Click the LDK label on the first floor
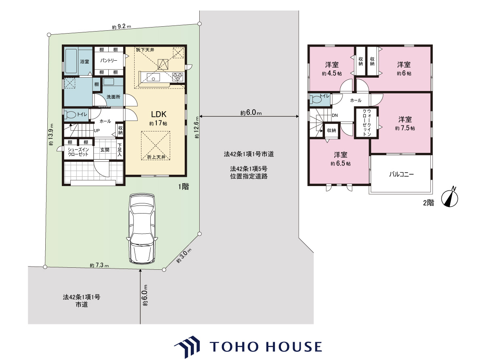point(159,114)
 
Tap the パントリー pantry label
point(109,60)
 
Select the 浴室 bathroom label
point(84,61)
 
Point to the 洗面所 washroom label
point(113,97)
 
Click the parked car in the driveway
point(142,229)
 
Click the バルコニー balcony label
point(401,174)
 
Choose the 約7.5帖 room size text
point(405,128)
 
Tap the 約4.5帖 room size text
point(332,73)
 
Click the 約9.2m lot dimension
point(121,27)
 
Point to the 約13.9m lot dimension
point(51,134)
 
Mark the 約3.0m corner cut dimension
point(184,255)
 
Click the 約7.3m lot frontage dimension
point(99,265)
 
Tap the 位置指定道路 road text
point(249,176)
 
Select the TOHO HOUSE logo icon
point(187,347)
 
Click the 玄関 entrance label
point(105,150)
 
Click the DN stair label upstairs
point(335,115)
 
